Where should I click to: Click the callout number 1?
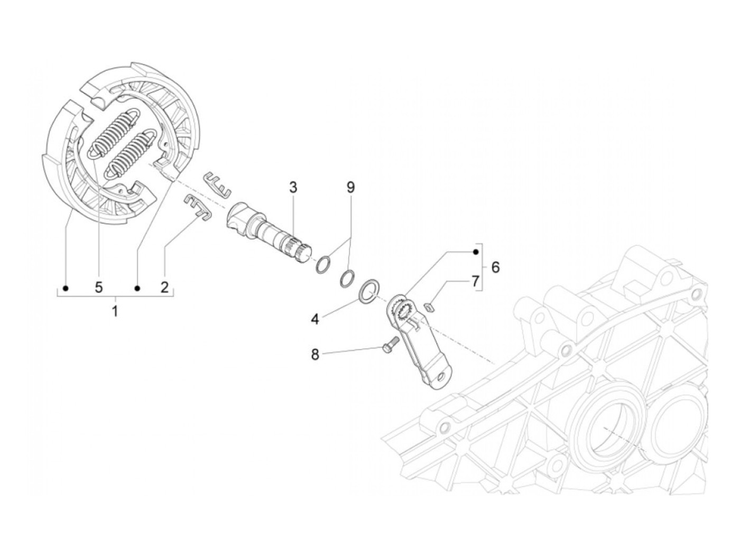pyautogui.click(x=115, y=311)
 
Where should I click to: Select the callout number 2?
pyautogui.click(x=164, y=288)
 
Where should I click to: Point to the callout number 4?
pyautogui.click(x=315, y=320)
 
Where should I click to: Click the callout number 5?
pyautogui.click(x=99, y=288)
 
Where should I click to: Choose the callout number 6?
pyautogui.click(x=495, y=267)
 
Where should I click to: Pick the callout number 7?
pyautogui.click(x=475, y=280)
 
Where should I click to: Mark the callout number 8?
pyautogui.click(x=315, y=355)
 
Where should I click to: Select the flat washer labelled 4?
pyautogui.click(x=369, y=291)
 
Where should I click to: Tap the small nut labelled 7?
pyautogui.click(x=431, y=305)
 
